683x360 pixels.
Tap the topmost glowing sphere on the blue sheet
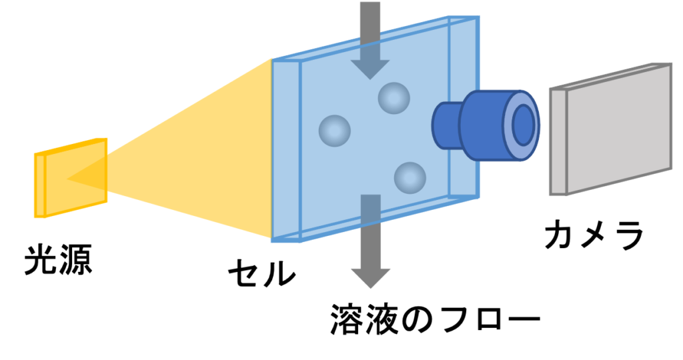pyautogui.click(x=394, y=98)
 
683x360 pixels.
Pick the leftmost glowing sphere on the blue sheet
pyautogui.click(x=335, y=131)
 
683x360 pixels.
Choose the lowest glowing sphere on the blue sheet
pyautogui.click(x=410, y=178)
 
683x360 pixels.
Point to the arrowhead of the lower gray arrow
pyautogui.click(x=371, y=277)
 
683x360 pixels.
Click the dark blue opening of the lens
pyautogui.click(x=524, y=125)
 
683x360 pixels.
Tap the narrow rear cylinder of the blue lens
pyautogui.click(x=446, y=125)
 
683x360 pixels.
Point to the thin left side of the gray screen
pyautogui.click(x=558, y=142)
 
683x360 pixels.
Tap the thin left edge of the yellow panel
pyautogui.click(x=39, y=185)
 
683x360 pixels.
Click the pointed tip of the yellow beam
pyautogui.click(x=69, y=178)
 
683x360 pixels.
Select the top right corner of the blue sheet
pyautogui.click(x=478, y=17)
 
